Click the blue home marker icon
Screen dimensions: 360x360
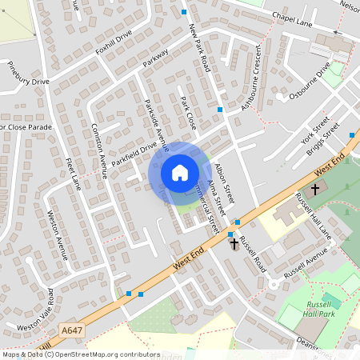[x=179, y=172]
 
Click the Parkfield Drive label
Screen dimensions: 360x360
[x=134, y=150]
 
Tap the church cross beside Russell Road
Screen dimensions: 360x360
[x=234, y=242]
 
